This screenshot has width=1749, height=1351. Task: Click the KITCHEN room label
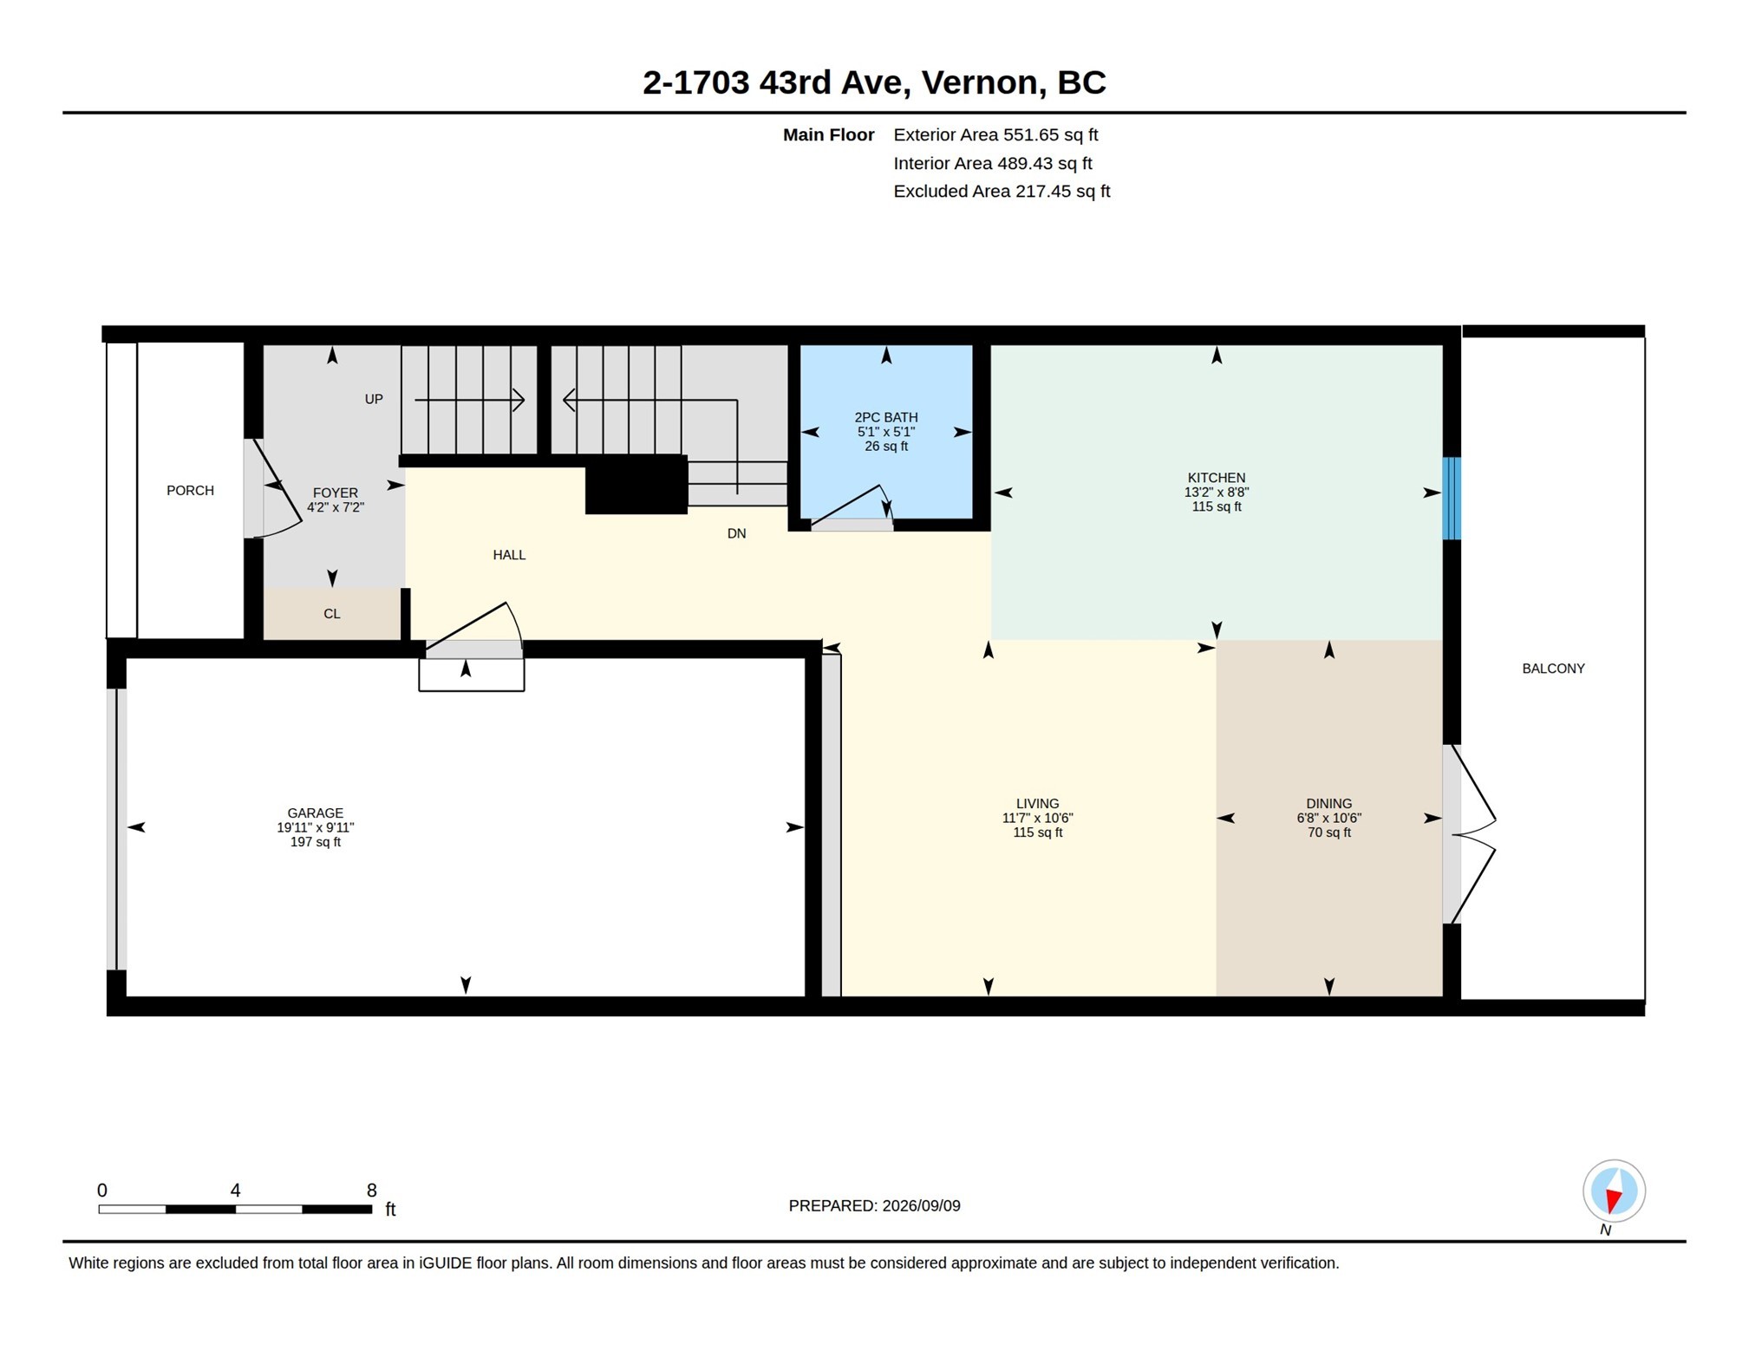(x=1216, y=478)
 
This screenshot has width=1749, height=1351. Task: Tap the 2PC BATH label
(x=885, y=417)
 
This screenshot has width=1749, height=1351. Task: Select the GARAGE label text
(x=315, y=813)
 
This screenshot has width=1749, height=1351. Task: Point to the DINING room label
(x=1328, y=803)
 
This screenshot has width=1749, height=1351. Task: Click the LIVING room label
(x=1037, y=803)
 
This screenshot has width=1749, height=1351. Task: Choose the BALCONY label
(x=1552, y=668)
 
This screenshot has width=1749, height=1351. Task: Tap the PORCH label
(x=190, y=490)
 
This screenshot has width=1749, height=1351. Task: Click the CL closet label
(x=331, y=613)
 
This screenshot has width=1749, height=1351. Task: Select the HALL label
(x=509, y=554)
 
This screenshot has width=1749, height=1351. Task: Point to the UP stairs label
(x=373, y=399)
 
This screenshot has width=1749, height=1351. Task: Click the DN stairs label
(x=736, y=533)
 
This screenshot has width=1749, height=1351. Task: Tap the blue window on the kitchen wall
(x=1451, y=498)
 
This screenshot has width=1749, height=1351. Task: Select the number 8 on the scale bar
(x=371, y=1190)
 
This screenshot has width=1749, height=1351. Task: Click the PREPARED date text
(x=874, y=1205)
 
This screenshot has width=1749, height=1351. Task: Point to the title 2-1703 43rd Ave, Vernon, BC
(x=874, y=82)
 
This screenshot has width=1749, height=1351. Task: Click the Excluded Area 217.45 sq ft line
(x=1002, y=191)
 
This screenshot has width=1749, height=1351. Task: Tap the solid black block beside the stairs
(x=636, y=485)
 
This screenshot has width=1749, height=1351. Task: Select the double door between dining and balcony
(x=1468, y=834)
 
